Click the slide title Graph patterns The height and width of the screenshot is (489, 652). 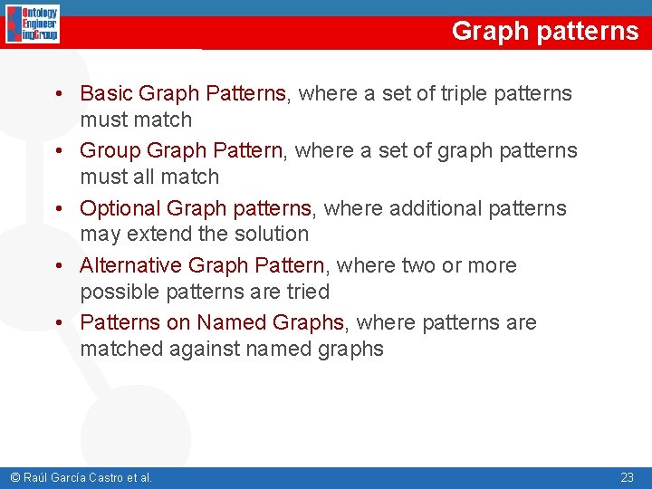[544, 31]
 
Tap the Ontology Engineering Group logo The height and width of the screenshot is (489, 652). [33, 24]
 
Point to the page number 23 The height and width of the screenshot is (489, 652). [628, 477]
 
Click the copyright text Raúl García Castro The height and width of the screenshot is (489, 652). [80, 477]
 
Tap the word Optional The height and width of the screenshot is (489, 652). [116, 208]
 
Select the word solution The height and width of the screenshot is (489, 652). [271, 234]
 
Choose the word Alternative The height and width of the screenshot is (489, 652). [130, 266]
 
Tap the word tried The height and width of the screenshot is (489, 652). [306, 292]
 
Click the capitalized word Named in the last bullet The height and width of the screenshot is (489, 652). [229, 323]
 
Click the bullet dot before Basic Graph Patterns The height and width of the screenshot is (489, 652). [57, 93]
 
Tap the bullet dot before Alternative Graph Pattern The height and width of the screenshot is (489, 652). [57, 266]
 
